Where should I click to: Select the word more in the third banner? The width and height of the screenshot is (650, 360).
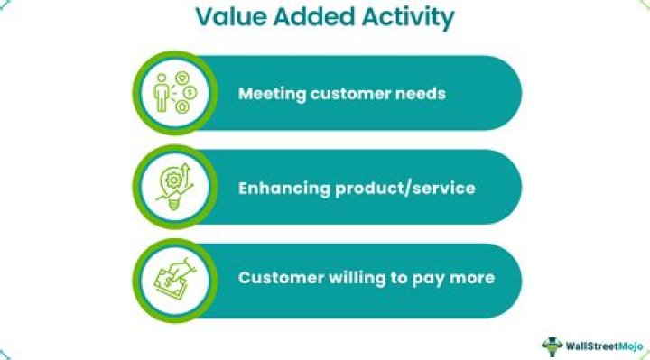471,278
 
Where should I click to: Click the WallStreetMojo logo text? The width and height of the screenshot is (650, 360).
601,344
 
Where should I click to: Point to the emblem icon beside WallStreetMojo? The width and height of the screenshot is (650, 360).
552,344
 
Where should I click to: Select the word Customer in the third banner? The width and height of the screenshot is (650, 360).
278,278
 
